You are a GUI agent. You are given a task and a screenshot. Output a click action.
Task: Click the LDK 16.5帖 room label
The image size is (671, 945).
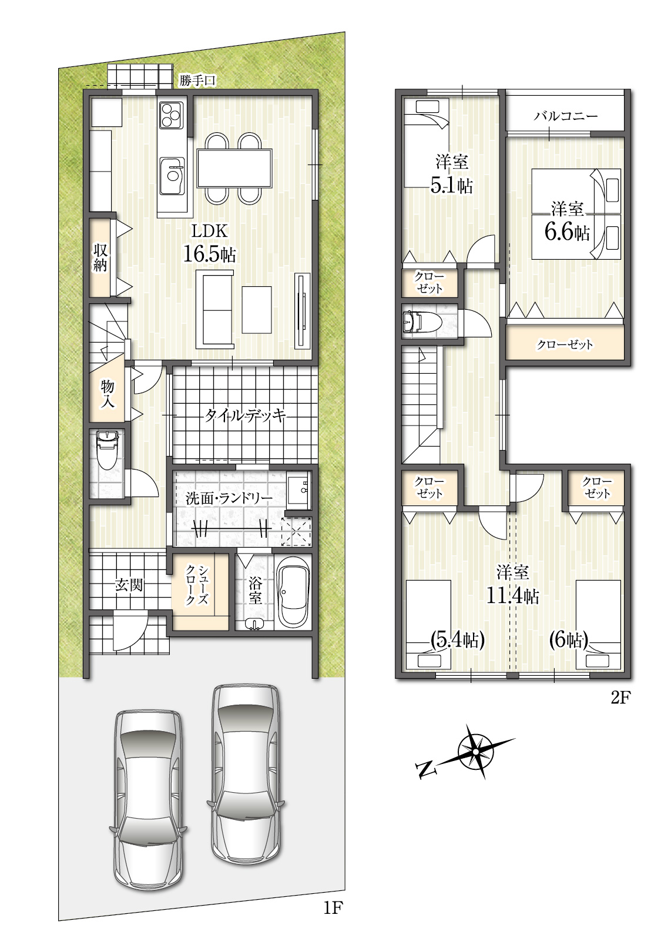coord(210,243)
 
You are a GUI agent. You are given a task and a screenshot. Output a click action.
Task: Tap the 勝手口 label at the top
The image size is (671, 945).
coord(197,80)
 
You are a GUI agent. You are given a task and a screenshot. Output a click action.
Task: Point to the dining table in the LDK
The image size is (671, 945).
coord(234,168)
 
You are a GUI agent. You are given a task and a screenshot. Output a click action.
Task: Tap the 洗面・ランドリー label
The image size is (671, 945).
coord(229,498)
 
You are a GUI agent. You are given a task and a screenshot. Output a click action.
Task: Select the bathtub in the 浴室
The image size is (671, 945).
coord(294,591)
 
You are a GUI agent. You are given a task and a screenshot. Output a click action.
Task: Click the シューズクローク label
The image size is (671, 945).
coord(197,585)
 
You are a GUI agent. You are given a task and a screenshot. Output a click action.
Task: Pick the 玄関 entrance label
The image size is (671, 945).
coord(129,585)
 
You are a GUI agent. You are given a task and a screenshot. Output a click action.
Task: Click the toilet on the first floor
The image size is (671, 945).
coord(107,450)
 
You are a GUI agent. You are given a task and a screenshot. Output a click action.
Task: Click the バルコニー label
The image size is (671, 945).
coord(566,116)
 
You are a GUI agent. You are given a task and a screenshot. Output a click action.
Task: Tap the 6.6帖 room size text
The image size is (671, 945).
coord(567,232)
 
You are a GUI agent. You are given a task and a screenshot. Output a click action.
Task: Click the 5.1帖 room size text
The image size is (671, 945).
coord(451,186)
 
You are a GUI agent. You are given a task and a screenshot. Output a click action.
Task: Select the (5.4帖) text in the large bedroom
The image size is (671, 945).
coord(457,641)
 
